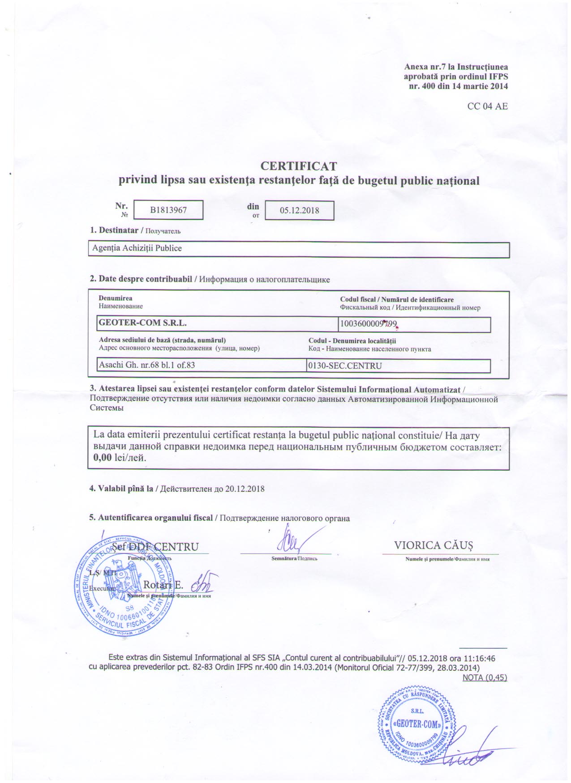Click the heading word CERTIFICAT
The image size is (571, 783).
tap(298, 166)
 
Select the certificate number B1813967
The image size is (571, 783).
tap(168, 210)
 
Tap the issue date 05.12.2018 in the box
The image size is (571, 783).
tap(299, 210)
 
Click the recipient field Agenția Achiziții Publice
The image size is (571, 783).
tap(137, 248)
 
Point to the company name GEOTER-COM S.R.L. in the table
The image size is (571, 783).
tap(142, 323)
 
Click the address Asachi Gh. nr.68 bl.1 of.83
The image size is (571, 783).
tap(147, 365)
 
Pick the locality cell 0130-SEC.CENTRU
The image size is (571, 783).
tap(345, 366)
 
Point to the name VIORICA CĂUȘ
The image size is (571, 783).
tap(433, 545)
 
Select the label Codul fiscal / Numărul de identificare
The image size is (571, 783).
tap(397, 300)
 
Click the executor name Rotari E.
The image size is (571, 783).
tap(163, 585)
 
